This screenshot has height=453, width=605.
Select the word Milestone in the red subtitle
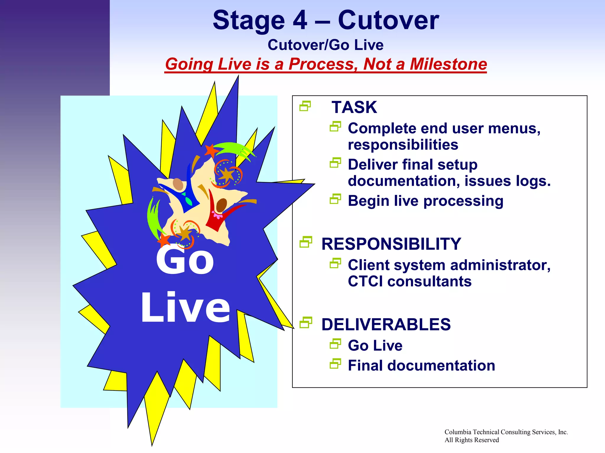tap(448, 64)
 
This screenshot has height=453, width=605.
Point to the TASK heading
tap(354, 107)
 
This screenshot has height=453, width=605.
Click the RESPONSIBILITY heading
tap(391, 244)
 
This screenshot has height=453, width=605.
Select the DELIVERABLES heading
tap(386, 324)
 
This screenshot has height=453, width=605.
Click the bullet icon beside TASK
tap(305, 106)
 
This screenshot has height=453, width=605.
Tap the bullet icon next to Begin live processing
tap(335, 199)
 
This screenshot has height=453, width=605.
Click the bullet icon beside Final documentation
tap(335, 364)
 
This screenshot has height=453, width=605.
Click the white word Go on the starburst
tap(185, 261)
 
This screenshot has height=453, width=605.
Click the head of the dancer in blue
tap(178, 184)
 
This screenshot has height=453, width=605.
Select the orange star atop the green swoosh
tap(211, 151)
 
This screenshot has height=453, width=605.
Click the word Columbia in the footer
tap(458, 432)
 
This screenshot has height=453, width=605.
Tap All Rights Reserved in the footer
tap(471, 440)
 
